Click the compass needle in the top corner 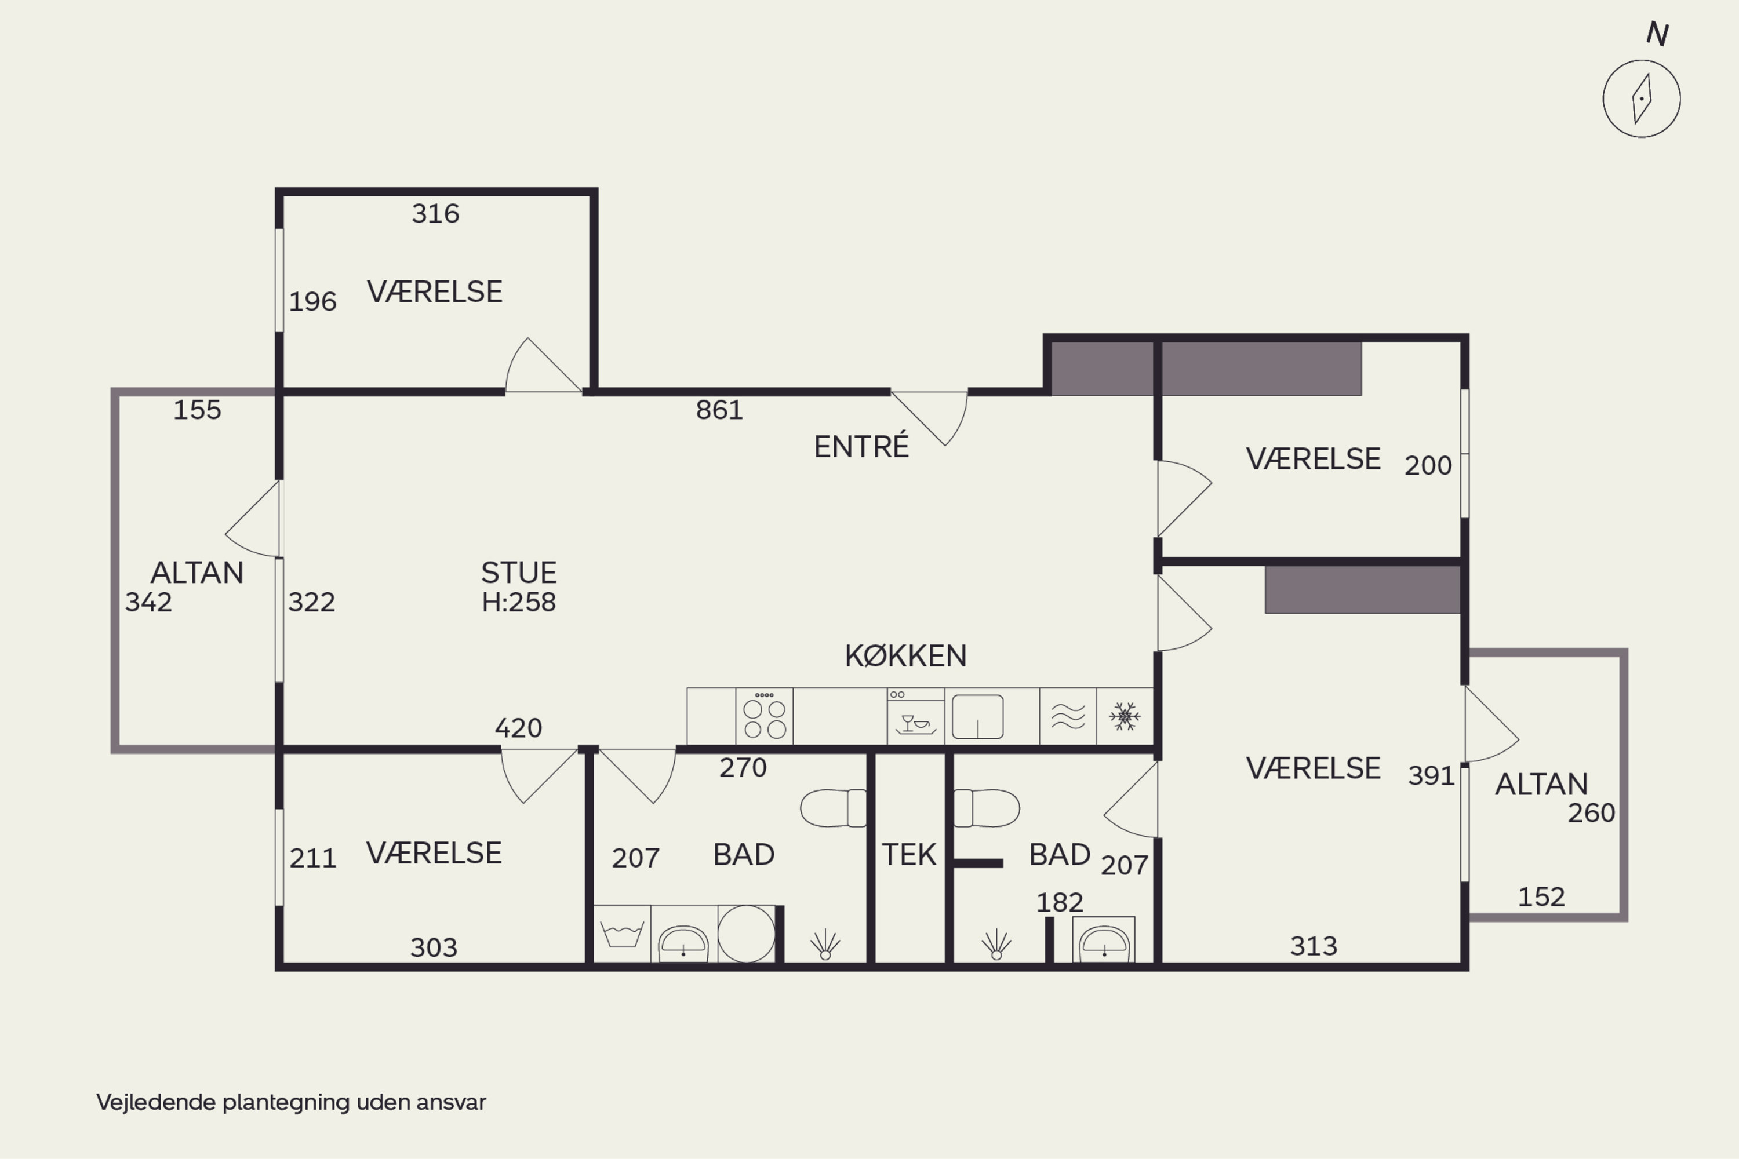1642,99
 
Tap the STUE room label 518,573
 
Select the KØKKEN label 905,655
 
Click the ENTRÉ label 861,446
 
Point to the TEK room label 909,854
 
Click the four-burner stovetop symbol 765,716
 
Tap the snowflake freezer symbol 1125,716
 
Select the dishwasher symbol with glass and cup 915,716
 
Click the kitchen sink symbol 977,716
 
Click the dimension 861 719,410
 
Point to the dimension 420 518,728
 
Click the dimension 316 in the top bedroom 435,214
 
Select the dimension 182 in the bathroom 1060,902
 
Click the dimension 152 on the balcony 1541,896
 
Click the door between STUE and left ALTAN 252,519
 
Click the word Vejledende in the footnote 156,1102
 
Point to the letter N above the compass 1657,34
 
